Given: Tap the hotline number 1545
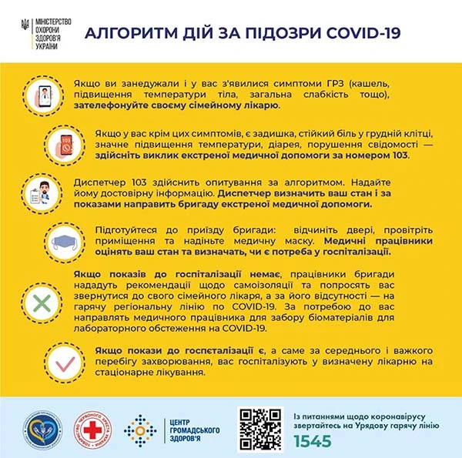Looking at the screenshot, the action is (313, 441).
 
